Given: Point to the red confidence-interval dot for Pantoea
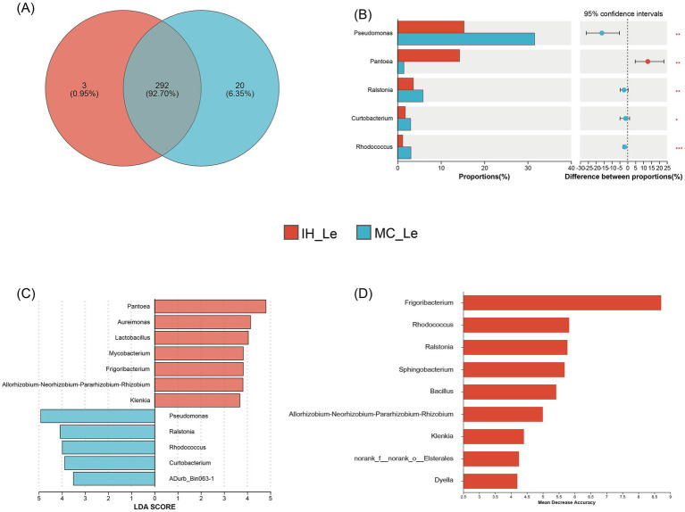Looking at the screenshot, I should (x=648, y=62).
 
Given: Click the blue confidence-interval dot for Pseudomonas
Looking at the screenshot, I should (x=602, y=33).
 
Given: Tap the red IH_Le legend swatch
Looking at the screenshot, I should (x=290, y=233).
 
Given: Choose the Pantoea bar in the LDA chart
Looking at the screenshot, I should (x=210, y=307).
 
